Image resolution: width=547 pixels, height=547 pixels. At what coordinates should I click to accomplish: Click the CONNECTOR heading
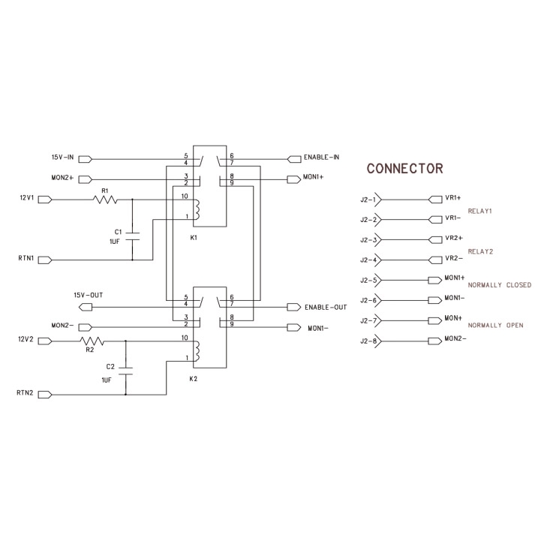coord(404,168)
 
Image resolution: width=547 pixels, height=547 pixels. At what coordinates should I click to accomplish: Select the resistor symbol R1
coord(105,200)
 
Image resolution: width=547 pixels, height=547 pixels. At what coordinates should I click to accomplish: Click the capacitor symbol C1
coord(133,235)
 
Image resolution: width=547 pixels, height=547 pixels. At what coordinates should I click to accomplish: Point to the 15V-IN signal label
coord(62,158)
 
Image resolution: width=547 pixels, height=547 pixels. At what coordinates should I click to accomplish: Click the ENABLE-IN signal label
coord(322,158)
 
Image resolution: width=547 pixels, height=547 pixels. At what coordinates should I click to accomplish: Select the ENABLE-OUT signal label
coord(326,308)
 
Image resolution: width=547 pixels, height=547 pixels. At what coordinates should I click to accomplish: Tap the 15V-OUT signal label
coord(88,295)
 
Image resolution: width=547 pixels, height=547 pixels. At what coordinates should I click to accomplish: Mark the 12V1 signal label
coord(26,200)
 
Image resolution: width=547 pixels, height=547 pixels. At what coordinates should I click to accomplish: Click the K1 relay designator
coord(194,237)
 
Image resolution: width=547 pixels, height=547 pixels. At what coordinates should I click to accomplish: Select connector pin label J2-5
coord(368,281)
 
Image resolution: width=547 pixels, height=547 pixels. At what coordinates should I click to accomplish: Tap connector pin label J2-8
coord(368,341)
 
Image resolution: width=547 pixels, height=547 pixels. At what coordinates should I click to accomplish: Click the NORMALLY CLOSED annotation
coord(499,285)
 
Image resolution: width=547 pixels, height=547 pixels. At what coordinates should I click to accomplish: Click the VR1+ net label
coord(452,199)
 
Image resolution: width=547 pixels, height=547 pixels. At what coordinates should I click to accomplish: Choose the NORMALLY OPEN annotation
coord(495,326)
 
